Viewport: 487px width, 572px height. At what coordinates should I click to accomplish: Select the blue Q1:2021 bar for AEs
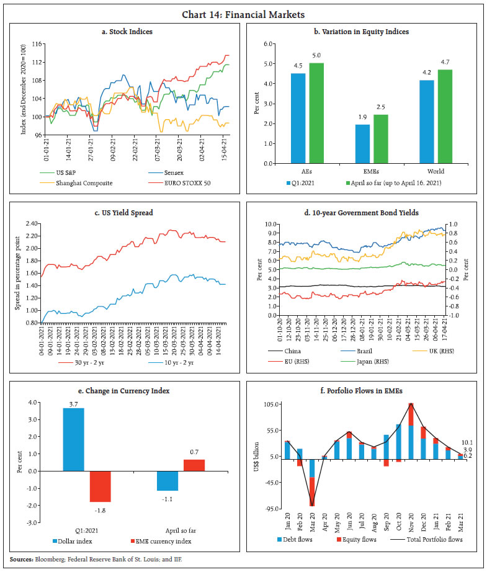pyautogui.click(x=298, y=118)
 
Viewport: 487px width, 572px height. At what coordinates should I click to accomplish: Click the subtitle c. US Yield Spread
pyautogui.click(x=125, y=213)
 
